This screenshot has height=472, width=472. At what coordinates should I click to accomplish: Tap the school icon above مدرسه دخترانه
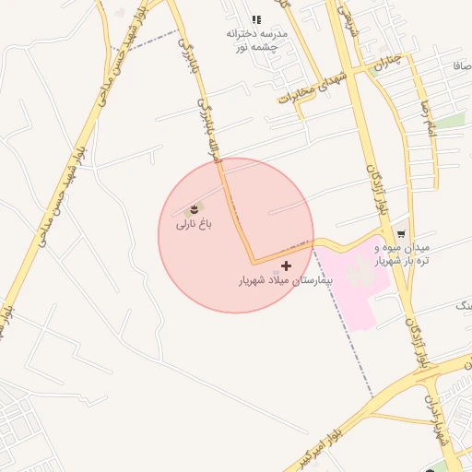[x=256, y=19]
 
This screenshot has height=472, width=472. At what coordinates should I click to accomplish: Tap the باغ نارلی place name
[x=195, y=224]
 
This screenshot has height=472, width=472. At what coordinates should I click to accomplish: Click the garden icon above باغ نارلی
[x=194, y=209]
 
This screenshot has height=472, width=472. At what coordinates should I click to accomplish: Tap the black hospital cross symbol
[x=286, y=265]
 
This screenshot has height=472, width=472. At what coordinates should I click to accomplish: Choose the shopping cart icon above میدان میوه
[x=401, y=234]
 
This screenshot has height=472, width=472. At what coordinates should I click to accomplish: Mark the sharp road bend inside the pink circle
[x=253, y=262]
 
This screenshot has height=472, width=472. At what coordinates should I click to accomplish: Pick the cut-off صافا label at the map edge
[x=461, y=67]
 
